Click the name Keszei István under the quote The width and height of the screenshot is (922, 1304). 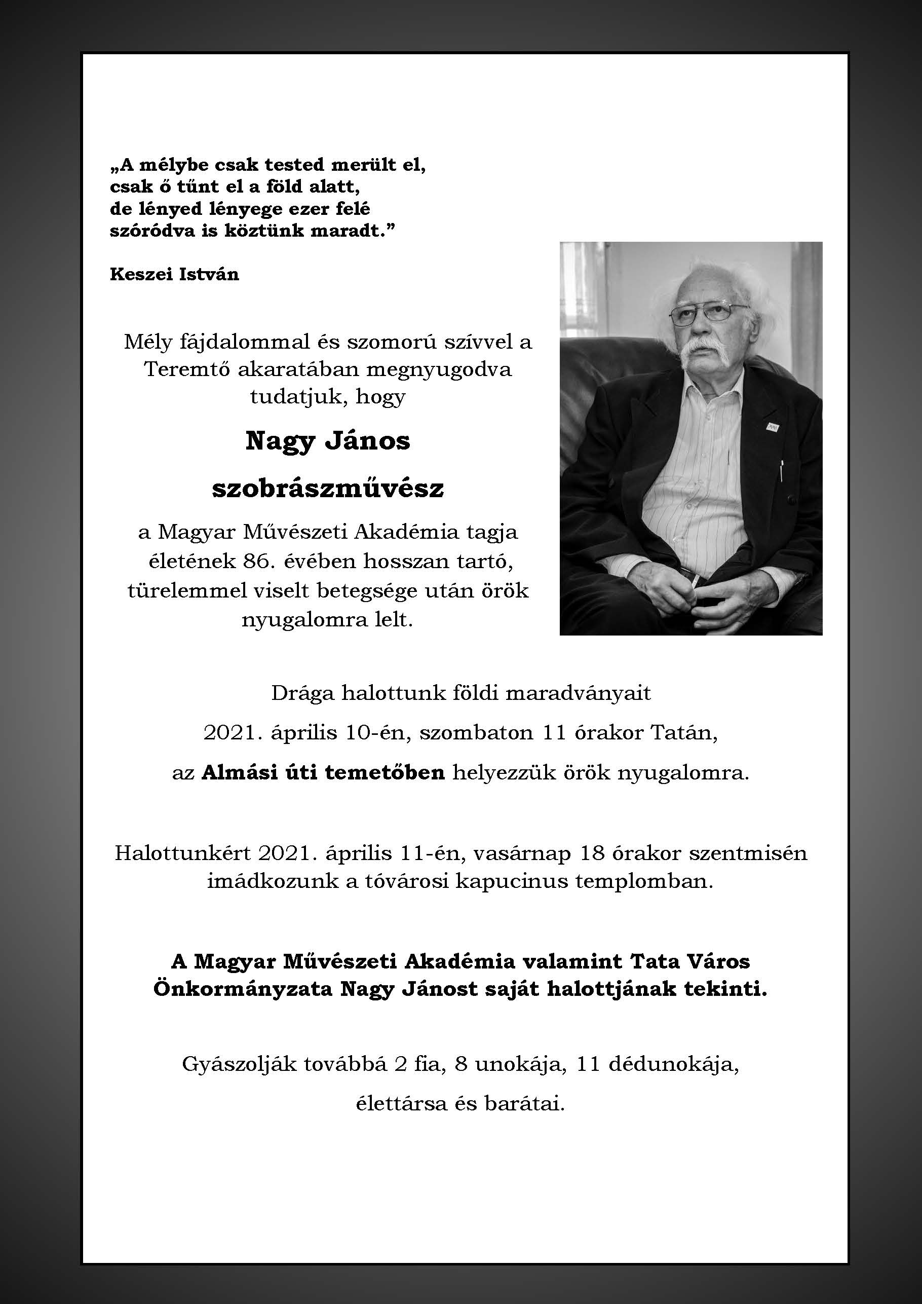[174, 274]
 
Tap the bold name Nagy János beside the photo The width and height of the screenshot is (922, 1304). [328, 441]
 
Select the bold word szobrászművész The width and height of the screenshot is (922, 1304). [328, 489]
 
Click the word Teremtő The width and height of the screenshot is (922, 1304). [187, 370]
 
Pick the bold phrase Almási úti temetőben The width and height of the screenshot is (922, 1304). [323, 772]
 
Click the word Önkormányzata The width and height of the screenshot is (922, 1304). [243, 989]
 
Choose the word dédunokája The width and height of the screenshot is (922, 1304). [674, 1064]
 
